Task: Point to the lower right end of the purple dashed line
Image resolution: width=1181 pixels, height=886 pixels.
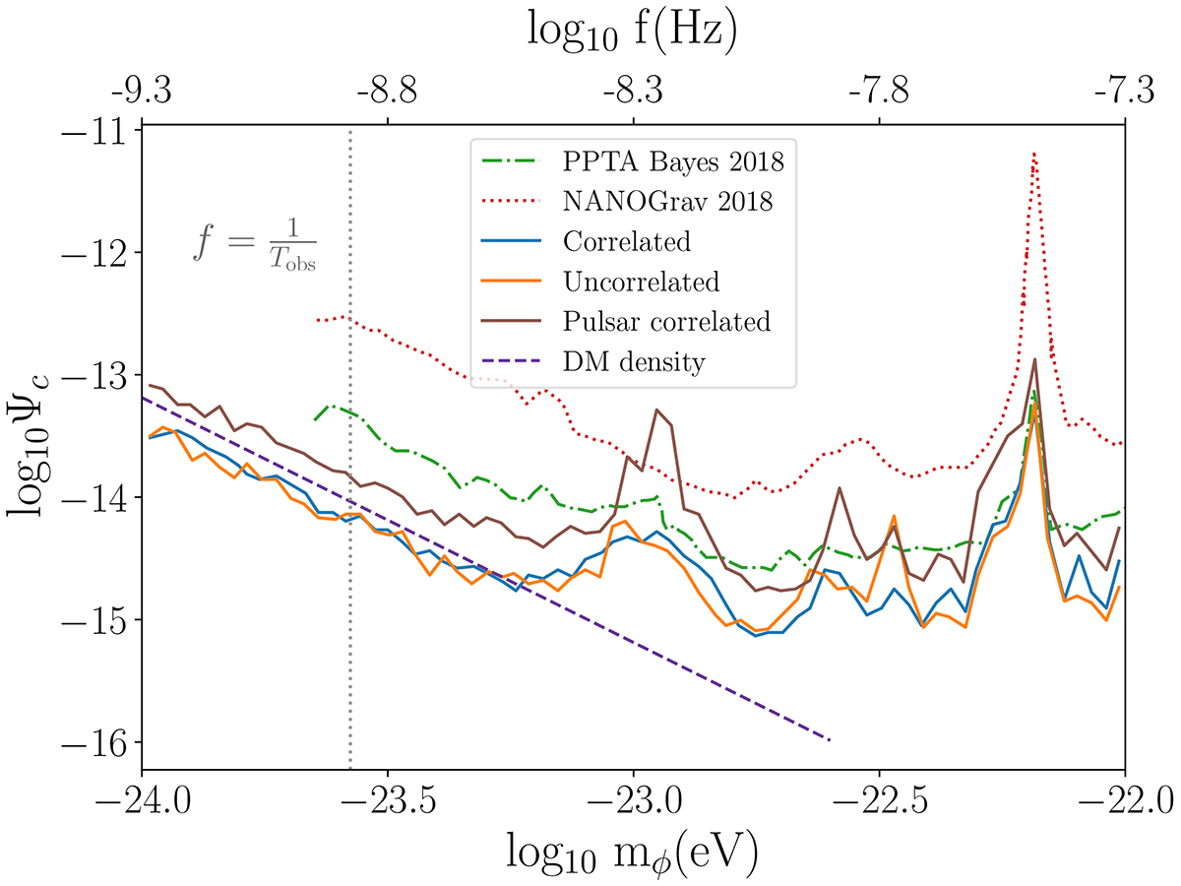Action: (x=830, y=739)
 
